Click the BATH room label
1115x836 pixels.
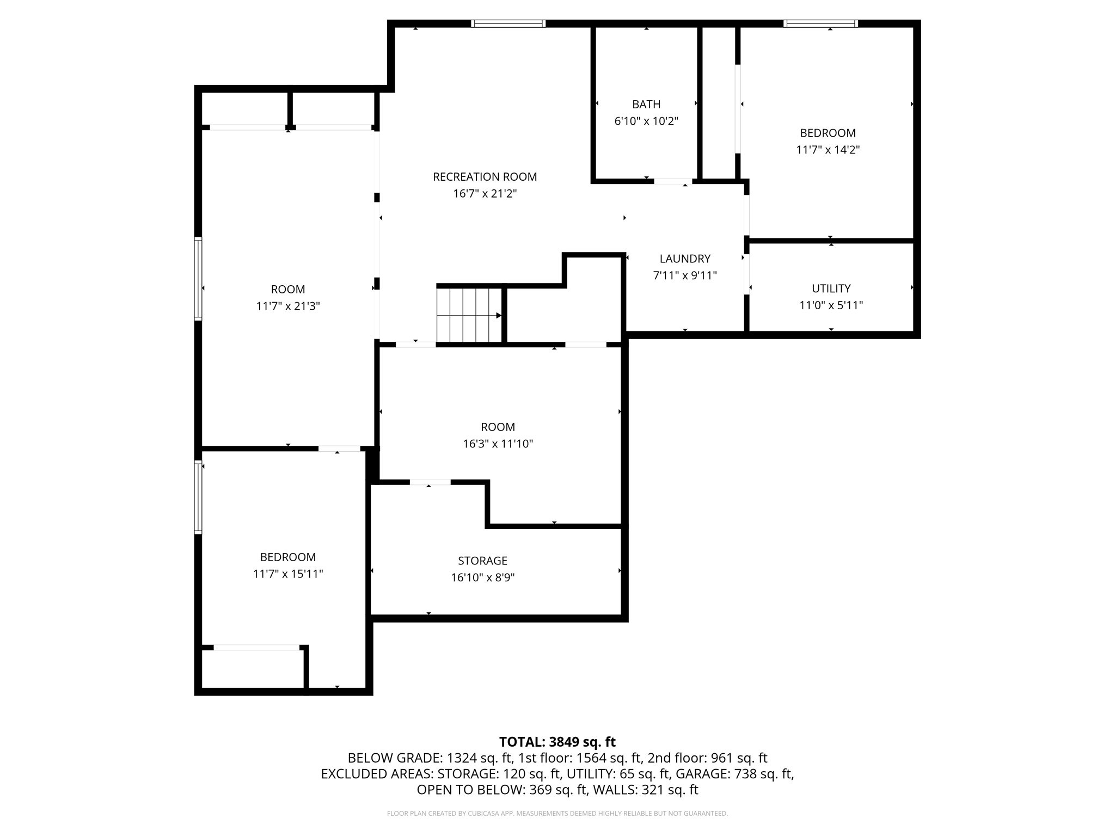coord(646,104)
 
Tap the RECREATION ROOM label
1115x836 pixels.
coord(485,177)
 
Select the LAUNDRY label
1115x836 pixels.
coord(685,259)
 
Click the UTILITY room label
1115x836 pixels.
coord(831,288)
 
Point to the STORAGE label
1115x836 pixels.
coord(482,561)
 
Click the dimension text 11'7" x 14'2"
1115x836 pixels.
coord(828,150)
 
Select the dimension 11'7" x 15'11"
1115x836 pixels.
coord(288,574)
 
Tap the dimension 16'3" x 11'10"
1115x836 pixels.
coord(498,444)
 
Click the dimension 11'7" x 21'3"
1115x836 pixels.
coord(288,306)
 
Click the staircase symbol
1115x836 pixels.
coord(469,315)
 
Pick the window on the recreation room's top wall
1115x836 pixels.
coord(508,23)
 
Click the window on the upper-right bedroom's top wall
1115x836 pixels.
coord(820,23)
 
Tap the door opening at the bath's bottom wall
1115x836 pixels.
coord(673,181)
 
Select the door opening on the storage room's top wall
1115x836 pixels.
coord(430,482)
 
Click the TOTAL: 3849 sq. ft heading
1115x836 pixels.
coord(557,742)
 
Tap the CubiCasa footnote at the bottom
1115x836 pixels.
coord(557,814)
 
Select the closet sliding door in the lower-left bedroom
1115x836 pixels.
coord(256,648)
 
